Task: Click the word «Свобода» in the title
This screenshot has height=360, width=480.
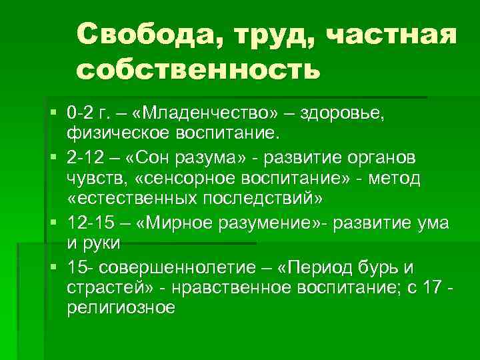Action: (148, 34)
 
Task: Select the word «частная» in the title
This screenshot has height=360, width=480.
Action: (393, 34)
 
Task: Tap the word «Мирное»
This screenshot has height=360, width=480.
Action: (169, 223)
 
